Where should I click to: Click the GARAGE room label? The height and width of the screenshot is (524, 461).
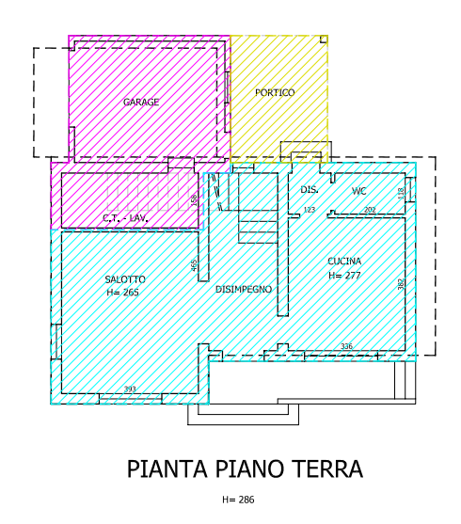pyautogui.click(x=141, y=102)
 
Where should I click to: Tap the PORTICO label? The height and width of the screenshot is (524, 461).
pyautogui.click(x=275, y=93)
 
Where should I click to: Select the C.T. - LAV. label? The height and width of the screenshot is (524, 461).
pyautogui.click(x=126, y=218)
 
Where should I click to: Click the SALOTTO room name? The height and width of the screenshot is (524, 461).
pyautogui.click(x=125, y=279)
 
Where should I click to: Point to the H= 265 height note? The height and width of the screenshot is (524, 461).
pyautogui.click(x=124, y=293)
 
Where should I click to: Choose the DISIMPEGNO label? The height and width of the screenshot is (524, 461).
pyautogui.click(x=244, y=289)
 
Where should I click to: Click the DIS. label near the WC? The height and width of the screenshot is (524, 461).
pyautogui.click(x=310, y=190)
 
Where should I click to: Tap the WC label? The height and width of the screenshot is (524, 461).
pyautogui.click(x=358, y=191)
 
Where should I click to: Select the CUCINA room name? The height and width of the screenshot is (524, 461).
pyautogui.click(x=344, y=262)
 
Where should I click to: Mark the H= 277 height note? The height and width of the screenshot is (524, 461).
pyautogui.click(x=345, y=276)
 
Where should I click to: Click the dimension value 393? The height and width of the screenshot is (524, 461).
pyautogui.click(x=130, y=389)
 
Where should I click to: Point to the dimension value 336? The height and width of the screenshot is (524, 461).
pyautogui.click(x=346, y=347)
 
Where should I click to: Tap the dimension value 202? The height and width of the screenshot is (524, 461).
pyautogui.click(x=370, y=210)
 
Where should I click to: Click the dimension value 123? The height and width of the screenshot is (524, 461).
pyautogui.click(x=309, y=210)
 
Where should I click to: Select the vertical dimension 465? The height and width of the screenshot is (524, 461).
pyautogui.click(x=195, y=265)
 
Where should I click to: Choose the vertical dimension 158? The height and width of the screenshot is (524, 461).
pyautogui.click(x=195, y=200)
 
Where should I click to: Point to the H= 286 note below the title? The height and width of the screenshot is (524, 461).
pyautogui.click(x=238, y=500)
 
